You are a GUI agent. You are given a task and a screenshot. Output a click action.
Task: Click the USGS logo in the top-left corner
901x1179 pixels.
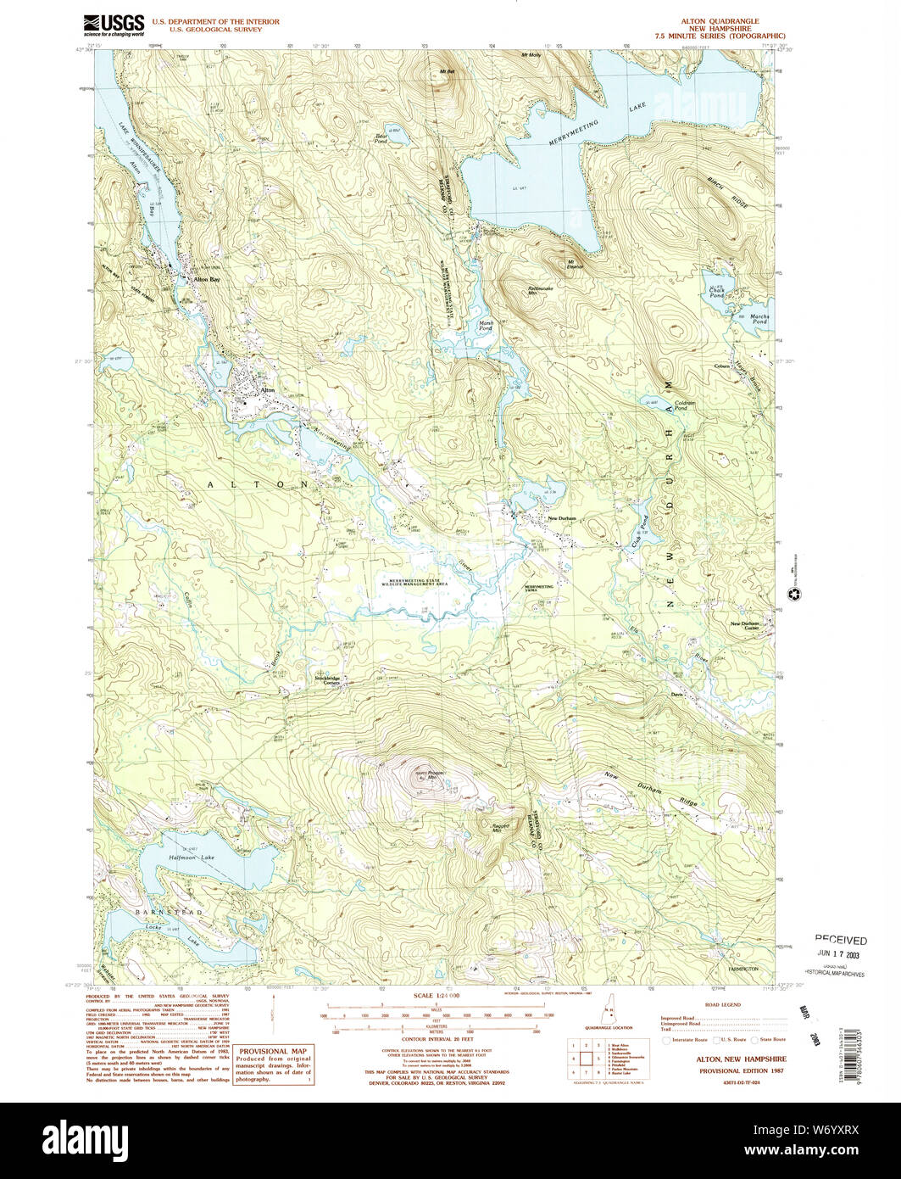pyautogui.click(x=114, y=25)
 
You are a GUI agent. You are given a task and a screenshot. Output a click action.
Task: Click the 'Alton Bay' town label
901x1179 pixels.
pyautogui.click(x=207, y=278)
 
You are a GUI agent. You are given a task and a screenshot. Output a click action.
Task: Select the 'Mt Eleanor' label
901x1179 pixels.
pyautogui.click(x=576, y=264)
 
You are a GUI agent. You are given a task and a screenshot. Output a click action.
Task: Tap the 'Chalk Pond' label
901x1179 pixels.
pyautogui.click(x=717, y=293)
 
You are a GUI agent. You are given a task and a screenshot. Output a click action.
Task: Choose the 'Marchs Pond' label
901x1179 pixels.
pyautogui.click(x=759, y=319)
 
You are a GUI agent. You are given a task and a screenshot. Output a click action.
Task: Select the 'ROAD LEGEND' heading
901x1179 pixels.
pyautogui.click(x=723, y=1004)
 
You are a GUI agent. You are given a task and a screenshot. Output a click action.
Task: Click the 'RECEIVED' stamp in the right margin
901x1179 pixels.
pyautogui.click(x=841, y=940)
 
